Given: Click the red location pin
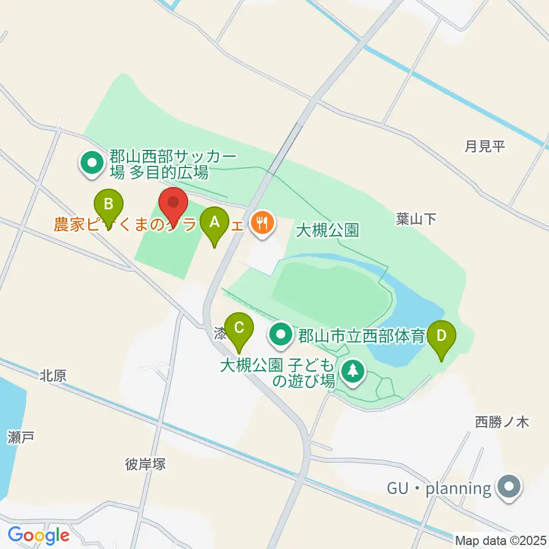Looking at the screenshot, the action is (173, 204).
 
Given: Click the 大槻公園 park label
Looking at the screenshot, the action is (327, 230).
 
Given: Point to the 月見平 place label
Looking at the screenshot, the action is (485, 146).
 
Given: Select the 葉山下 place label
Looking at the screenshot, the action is (416, 218).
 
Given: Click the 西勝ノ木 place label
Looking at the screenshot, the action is (502, 423).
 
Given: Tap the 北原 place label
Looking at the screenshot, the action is (54, 376).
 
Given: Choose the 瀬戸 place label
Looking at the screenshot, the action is (22, 438).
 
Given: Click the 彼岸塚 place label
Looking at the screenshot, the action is (145, 464).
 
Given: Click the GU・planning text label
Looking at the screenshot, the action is (439, 488).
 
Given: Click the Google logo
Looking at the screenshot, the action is (38, 536).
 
